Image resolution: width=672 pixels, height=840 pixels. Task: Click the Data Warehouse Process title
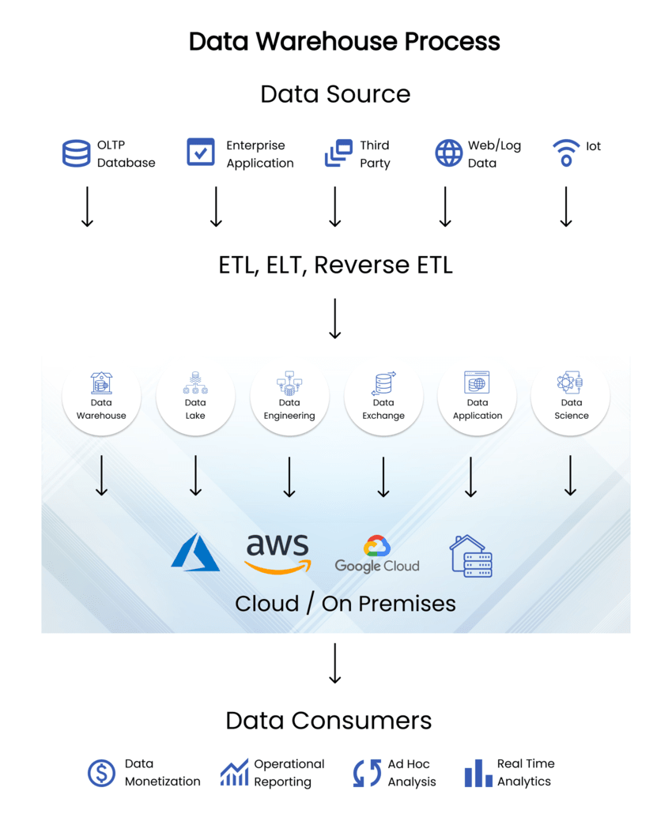[x=344, y=41]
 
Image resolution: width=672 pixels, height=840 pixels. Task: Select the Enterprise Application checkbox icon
[x=200, y=152]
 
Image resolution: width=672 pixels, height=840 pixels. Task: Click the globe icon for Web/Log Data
[x=449, y=153]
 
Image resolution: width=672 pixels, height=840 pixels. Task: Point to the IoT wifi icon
[x=566, y=153]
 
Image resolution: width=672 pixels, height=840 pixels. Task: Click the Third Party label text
[x=375, y=154]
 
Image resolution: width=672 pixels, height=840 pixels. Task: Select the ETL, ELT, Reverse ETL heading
[x=335, y=265]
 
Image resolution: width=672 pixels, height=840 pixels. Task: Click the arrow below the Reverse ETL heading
[x=335, y=318]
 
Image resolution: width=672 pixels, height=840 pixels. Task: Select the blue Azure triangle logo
[x=194, y=552]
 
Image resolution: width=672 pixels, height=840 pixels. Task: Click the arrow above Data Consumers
[x=335, y=663]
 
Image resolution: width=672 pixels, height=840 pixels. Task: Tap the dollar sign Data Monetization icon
[x=101, y=773]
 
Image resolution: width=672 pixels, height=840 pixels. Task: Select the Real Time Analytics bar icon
[x=478, y=773]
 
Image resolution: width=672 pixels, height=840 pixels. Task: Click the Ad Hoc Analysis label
[x=411, y=773]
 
